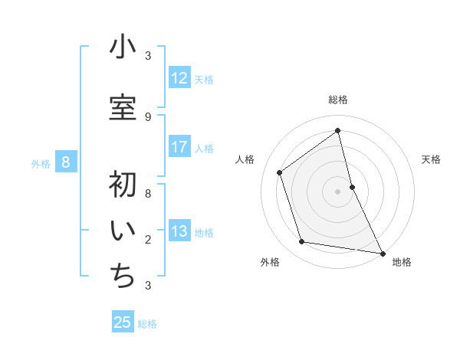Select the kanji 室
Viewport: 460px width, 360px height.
[123, 108]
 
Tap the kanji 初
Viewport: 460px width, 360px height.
[123, 186]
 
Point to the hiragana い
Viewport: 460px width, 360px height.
[123, 231]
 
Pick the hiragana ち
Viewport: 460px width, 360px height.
[123, 277]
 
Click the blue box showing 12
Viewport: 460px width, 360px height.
[179, 78]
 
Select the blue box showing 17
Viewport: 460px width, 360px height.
[179, 147]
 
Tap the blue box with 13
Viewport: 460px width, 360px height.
[179, 232]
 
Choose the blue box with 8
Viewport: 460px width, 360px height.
[67, 162]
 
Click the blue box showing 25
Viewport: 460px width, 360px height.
[123, 322]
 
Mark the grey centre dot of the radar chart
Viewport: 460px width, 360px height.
[338, 191]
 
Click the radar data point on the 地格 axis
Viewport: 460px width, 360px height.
[382, 253]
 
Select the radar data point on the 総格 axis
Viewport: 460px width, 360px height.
[338, 131]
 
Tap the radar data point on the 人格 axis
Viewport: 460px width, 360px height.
[280, 172]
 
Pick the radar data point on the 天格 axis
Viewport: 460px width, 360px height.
[352, 186]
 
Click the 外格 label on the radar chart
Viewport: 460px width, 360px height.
[270, 263]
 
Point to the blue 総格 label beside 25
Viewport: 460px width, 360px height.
[147, 324]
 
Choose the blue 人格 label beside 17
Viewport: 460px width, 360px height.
[204, 149]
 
